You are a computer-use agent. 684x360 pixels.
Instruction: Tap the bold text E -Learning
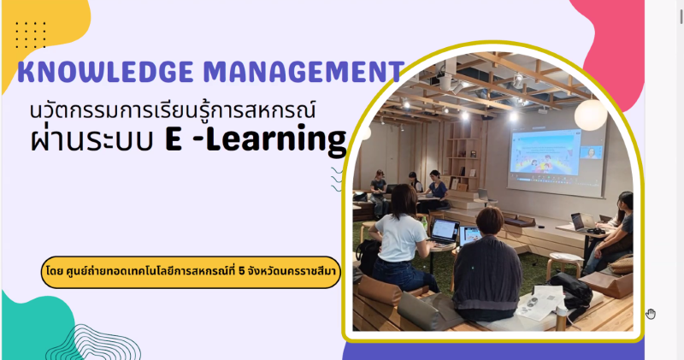[x=256, y=139]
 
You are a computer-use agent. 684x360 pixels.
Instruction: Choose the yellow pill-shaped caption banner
[x=191, y=272]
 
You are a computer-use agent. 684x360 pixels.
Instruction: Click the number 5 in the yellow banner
[x=242, y=271]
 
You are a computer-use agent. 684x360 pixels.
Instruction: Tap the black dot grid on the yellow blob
[x=31, y=34]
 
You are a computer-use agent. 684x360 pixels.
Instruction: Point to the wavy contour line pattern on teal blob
[x=93, y=343]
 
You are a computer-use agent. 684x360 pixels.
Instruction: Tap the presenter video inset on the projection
[x=592, y=152]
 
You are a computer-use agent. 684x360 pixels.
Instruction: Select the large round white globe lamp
[x=590, y=115]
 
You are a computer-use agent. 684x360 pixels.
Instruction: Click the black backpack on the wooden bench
[x=570, y=289]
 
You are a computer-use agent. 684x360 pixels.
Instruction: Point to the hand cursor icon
[x=651, y=314]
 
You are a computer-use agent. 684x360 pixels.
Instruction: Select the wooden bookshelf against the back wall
[x=463, y=157]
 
